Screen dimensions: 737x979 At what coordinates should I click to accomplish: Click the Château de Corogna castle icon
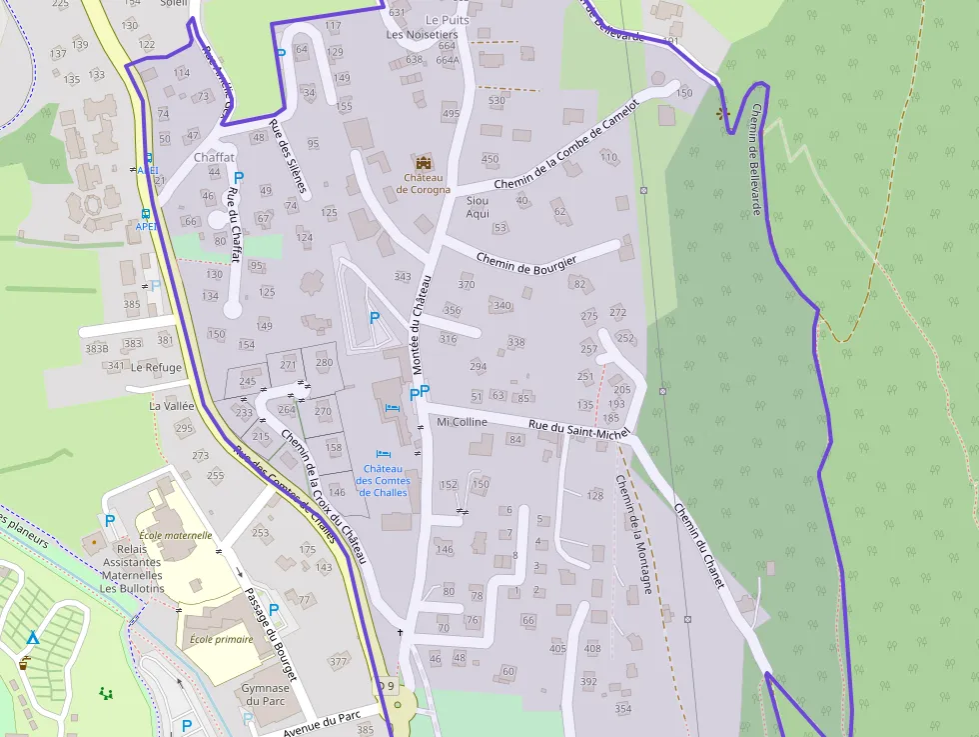click(424, 163)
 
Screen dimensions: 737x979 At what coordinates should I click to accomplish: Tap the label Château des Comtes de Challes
click(383, 480)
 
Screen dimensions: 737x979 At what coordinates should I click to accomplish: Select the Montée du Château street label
click(423, 325)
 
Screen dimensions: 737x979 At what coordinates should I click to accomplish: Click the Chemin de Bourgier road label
click(525, 260)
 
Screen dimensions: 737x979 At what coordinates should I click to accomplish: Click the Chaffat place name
click(214, 158)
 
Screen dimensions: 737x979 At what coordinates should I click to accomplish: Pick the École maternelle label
click(176, 535)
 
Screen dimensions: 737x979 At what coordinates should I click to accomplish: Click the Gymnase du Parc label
click(265, 694)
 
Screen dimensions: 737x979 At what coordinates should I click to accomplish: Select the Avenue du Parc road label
click(322, 720)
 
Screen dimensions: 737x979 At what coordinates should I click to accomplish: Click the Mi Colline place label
click(463, 422)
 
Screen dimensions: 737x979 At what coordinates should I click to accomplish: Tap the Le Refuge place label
click(156, 367)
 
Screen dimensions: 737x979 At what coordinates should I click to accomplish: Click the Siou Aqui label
click(478, 207)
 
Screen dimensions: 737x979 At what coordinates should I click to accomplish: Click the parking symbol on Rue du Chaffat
click(239, 177)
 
